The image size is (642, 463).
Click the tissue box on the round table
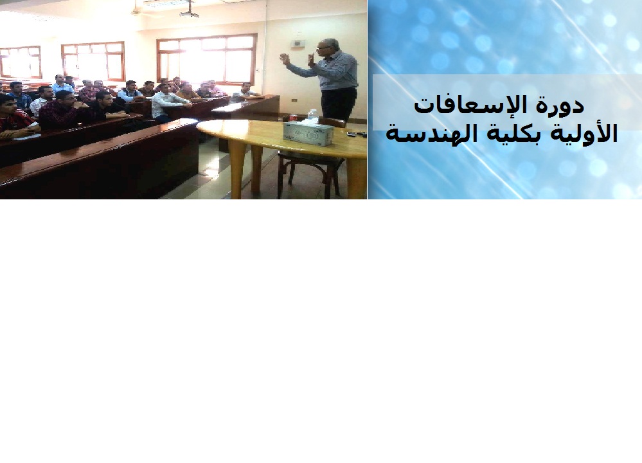point(308,134)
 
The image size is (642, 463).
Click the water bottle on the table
point(312,116)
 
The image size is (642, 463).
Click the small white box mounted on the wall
point(297,43)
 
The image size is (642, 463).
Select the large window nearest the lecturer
point(206,59)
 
